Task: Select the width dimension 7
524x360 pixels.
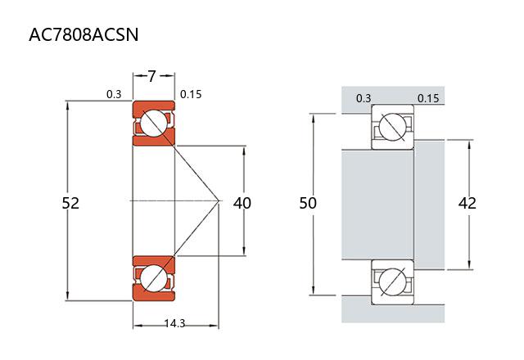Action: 152,76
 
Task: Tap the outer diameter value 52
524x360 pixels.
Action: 70,203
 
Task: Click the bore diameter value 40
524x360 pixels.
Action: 242,203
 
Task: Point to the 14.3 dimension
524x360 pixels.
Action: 174,323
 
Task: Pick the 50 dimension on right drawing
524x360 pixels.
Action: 308,203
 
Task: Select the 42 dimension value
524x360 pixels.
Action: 468,203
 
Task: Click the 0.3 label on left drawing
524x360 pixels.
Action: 114,95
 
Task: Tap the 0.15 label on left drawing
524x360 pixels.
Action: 191,95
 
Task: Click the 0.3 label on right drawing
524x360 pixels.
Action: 364,99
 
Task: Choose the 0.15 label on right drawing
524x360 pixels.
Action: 428,99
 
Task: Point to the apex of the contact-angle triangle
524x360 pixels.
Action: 219,201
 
